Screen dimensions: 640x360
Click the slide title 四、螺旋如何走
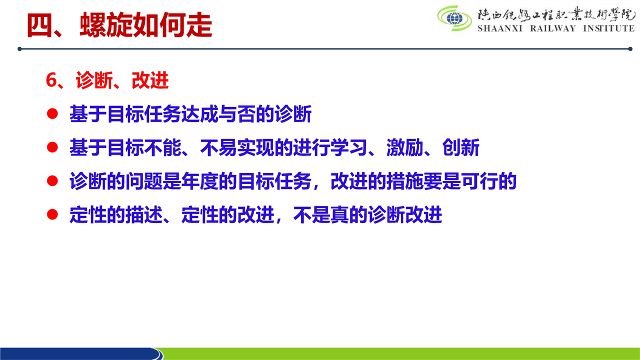(x=119, y=25)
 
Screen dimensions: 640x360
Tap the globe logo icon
(x=454, y=18)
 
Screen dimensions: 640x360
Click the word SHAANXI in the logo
(x=500, y=28)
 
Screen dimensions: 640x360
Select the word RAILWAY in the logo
(x=553, y=28)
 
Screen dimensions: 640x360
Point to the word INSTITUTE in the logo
(x=609, y=28)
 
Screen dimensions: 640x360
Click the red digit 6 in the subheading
(x=51, y=80)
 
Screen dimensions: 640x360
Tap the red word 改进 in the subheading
(x=150, y=80)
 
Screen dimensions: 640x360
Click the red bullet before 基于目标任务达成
(x=52, y=113)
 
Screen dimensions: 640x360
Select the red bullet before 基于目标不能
(x=52, y=147)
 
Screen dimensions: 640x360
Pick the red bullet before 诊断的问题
(x=52, y=181)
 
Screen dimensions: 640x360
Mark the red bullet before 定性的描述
(x=52, y=214)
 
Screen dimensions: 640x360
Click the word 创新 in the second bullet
(x=460, y=147)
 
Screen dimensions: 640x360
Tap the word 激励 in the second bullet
(x=405, y=147)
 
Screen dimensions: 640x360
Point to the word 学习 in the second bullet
(x=349, y=147)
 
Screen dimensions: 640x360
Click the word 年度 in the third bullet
(x=200, y=181)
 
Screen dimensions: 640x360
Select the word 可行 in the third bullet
(x=479, y=181)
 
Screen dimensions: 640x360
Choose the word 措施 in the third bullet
(x=405, y=181)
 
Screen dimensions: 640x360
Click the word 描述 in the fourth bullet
(x=144, y=215)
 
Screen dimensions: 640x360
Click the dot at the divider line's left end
(x=19, y=49)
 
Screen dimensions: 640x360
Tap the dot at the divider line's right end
(x=630, y=49)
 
